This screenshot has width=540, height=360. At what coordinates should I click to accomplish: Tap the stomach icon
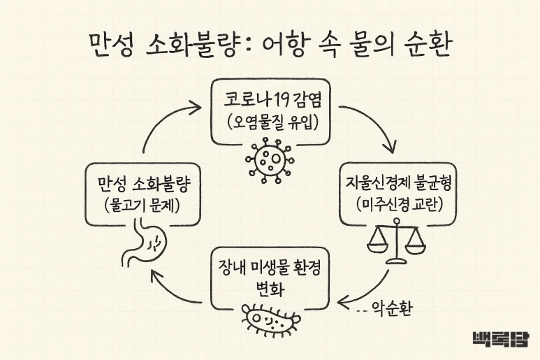coord(144,244)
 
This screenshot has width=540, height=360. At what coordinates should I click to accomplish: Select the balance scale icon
coord(396,242)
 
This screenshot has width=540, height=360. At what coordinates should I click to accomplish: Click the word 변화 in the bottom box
coord(270,289)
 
